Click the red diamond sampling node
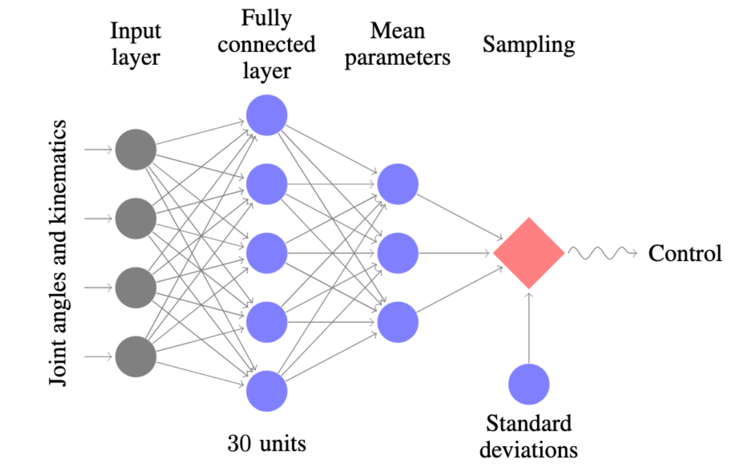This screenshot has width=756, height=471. (529, 253)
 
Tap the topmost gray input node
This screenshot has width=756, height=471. (136, 149)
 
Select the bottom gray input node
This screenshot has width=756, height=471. (136, 357)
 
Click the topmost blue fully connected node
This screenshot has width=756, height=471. (267, 115)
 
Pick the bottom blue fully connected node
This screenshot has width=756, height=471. (267, 391)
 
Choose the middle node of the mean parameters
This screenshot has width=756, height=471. (398, 253)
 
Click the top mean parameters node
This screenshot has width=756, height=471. (398, 184)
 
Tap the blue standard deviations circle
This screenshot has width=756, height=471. (529, 384)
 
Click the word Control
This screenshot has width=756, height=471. (685, 253)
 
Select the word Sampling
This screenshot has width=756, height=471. (529, 45)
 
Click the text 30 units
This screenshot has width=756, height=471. (267, 443)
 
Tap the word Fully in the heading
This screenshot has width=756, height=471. (266, 19)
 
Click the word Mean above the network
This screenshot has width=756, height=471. (398, 31)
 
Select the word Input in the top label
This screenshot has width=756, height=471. (136, 31)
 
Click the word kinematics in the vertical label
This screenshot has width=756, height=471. (59, 172)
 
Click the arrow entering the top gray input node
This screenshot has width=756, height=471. (98, 149)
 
